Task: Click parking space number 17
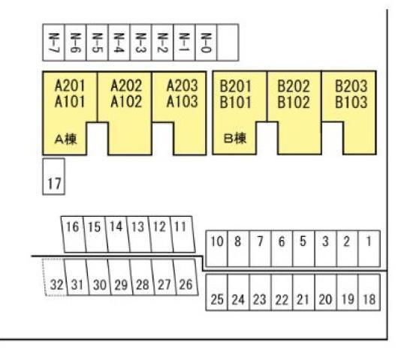coord(53,176)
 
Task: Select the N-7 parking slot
coord(53,43)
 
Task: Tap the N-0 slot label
coord(206,43)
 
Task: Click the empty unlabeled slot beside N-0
coord(228,43)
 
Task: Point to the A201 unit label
coord(70,85)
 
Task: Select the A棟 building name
coord(66,139)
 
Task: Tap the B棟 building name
coord(235,139)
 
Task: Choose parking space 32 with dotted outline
coord(55,277)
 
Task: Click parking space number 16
coord(73,234)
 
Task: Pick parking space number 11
coord(182,234)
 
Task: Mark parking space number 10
coord(217,248)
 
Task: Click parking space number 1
coord(369,248)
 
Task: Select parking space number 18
coord(369,292)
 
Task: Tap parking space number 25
coord(217,292)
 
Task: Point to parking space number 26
coord(186,277)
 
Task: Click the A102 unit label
coord(126,102)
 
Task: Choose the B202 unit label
coord(294,86)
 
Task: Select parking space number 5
coord(303,248)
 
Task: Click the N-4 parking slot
coord(119,43)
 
